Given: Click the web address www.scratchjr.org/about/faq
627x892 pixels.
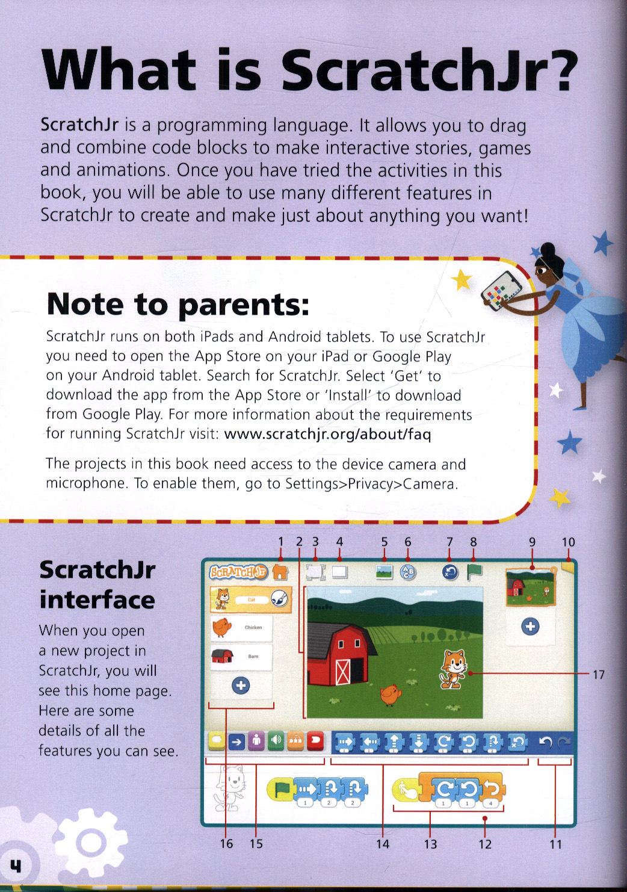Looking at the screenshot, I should pyautogui.click(x=327, y=434).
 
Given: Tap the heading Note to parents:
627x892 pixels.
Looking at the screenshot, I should pyautogui.click(x=178, y=304).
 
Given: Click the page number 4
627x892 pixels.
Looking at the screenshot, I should pyautogui.click(x=15, y=866).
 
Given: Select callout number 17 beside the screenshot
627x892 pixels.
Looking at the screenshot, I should pyautogui.click(x=598, y=675).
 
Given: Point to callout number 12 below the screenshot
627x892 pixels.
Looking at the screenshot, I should pyautogui.click(x=485, y=844).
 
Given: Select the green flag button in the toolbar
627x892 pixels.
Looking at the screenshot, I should pyautogui.click(x=475, y=572).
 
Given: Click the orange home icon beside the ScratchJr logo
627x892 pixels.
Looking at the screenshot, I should pyautogui.click(x=280, y=571).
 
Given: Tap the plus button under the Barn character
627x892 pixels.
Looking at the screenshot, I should pyautogui.click(x=241, y=686).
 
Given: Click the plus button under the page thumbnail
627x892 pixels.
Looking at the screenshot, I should pyautogui.click(x=530, y=627).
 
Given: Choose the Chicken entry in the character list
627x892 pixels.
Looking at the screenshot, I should pyautogui.click(x=241, y=627).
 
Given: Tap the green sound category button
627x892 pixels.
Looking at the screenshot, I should pyautogui.click(x=276, y=741).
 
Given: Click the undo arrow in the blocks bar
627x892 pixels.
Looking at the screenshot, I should pyautogui.click(x=545, y=743).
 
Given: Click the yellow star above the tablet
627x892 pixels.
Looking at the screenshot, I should pyautogui.click(x=462, y=279).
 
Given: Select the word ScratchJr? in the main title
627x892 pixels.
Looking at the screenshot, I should pyautogui.click(x=429, y=70).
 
